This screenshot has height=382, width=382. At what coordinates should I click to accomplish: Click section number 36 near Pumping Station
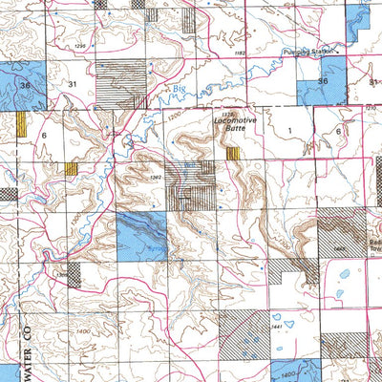tap(323, 82)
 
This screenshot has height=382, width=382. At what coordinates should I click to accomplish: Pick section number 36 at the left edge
tap(25, 85)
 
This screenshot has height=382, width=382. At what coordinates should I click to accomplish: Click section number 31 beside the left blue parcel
tap(73, 85)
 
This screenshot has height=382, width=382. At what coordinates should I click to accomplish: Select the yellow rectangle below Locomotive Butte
tap(233, 153)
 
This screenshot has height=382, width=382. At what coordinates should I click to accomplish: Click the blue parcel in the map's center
tap(141, 235)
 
